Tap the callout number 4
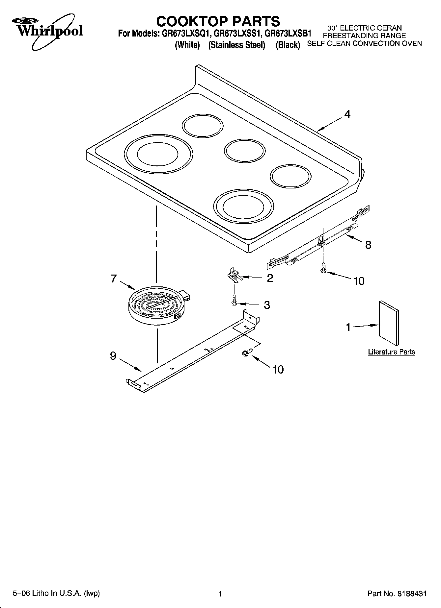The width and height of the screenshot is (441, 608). [x=347, y=114]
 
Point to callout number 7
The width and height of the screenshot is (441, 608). [x=114, y=279]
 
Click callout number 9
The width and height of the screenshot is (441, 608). [x=113, y=356]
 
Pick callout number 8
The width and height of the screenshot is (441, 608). [x=368, y=245]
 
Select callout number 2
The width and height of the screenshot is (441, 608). [x=270, y=278]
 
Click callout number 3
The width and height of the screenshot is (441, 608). [x=267, y=305]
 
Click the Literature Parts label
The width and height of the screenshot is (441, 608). [x=391, y=352]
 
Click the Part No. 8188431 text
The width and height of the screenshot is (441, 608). [x=397, y=594]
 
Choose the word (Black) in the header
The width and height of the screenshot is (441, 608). [x=288, y=45]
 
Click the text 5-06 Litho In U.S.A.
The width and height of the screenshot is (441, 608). [x=56, y=594]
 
